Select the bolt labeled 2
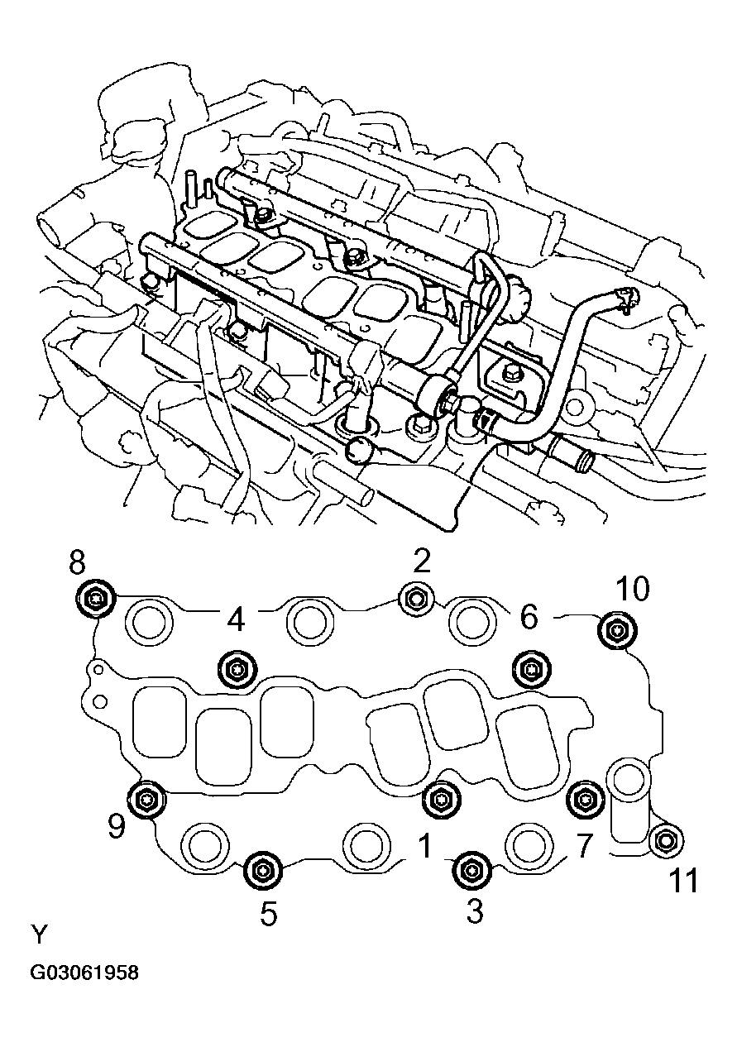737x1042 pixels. [414, 599]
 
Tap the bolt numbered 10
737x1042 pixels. [617, 631]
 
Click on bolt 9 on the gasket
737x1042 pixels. [148, 798]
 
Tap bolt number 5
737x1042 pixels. [264, 869]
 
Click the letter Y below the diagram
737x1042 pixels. [40, 935]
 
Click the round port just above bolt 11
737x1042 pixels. [627, 781]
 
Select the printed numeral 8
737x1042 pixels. [77, 564]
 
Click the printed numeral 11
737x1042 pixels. [683, 882]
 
